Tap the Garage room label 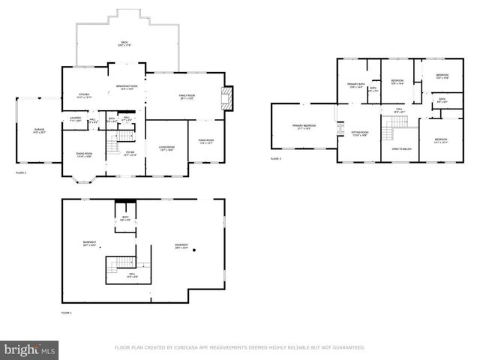(38, 130)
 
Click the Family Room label (187, 96)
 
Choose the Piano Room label (206, 141)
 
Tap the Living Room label (166, 148)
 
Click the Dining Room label (84, 154)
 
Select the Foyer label (130, 153)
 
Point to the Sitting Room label (359, 133)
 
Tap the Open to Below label (401, 149)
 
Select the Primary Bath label (355, 85)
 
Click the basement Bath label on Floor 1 (125, 218)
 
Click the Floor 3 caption (276, 159)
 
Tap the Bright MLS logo (30, 349)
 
